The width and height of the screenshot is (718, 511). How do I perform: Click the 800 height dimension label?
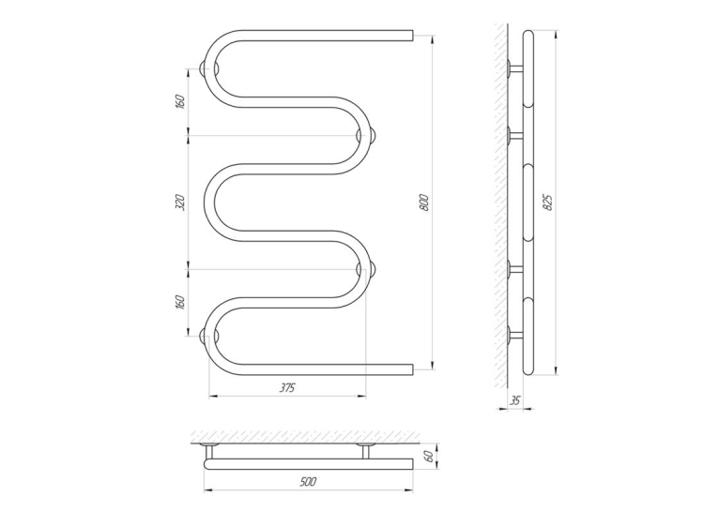(x=425, y=203)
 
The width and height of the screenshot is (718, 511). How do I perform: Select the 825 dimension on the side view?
(x=548, y=203)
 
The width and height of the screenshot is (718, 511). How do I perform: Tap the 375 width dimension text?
(x=287, y=388)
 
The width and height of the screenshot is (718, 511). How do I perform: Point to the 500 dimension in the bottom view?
(x=309, y=481)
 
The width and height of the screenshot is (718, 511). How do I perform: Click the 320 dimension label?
(x=181, y=203)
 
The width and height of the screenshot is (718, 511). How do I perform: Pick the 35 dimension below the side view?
(x=515, y=401)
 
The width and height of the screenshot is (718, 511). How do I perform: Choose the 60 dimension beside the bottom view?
(x=429, y=457)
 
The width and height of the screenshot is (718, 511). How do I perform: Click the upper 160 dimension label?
(x=180, y=102)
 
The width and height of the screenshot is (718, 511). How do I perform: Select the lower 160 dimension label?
(x=180, y=303)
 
